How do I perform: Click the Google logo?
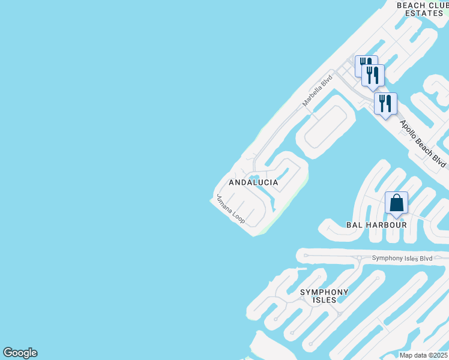pyautogui.click(x=20, y=353)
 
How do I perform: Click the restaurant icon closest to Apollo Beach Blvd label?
pyautogui.click(x=385, y=103)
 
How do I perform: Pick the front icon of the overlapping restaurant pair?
pyautogui.click(x=373, y=75)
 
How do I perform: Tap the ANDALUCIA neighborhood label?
pyautogui.click(x=253, y=182)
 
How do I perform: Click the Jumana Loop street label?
pyautogui.click(x=231, y=209)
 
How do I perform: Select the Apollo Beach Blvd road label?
pyautogui.click(x=424, y=144)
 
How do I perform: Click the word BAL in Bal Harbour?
pyautogui.click(x=355, y=225)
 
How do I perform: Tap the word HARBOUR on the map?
pyautogui.click(x=387, y=225)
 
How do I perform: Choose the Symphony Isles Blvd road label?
pyautogui.click(x=402, y=258)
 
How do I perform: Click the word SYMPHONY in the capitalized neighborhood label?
pyautogui.click(x=324, y=292)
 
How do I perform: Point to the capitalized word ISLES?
pyautogui.click(x=324, y=301)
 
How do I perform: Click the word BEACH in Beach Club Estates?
pyautogui.click(x=411, y=5)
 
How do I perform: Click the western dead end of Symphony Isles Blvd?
pyautogui.click(x=306, y=255)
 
